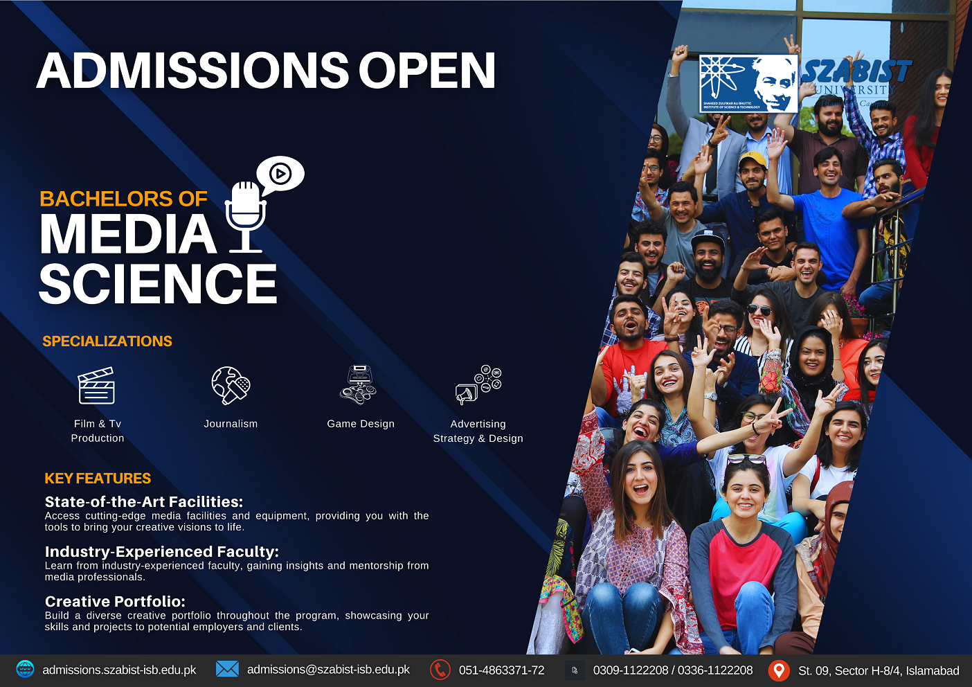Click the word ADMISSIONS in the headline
tap(193, 71)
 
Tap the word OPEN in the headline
tap(426, 71)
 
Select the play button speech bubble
tap(280, 173)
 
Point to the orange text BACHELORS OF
tap(123, 199)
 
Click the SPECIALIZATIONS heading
tap(107, 341)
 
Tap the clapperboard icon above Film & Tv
tap(96, 386)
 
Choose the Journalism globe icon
tap(231, 385)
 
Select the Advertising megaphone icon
tap(478, 385)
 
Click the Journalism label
tap(231, 424)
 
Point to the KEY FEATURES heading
tap(98, 479)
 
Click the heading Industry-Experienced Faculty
tap(162, 552)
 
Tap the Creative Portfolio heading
tap(116, 602)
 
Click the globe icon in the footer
tap(25, 670)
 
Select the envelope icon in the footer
tap(227, 669)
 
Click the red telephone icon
tap(440, 670)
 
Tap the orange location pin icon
tap(779, 670)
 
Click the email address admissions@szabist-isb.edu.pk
tap(328, 670)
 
